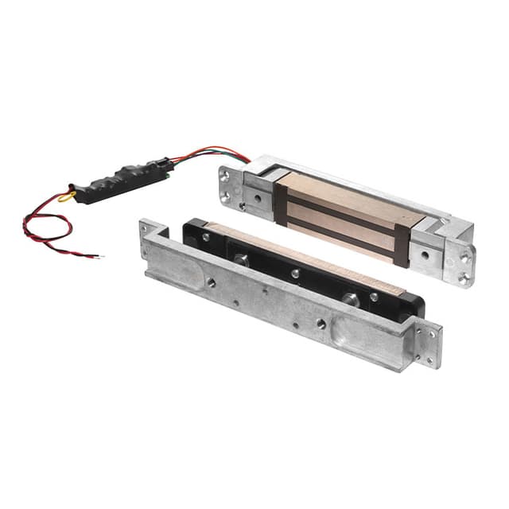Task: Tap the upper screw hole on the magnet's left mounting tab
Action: pyautogui.click(x=226, y=176)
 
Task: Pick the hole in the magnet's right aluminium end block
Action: pyautogui.click(x=424, y=256)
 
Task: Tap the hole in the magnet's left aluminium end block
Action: pyautogui.click(x=256, y=197)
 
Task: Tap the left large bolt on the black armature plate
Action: pyautogui.click(x=242, y=260)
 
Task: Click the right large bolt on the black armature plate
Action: pyautogui.click(x=350, y=300)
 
